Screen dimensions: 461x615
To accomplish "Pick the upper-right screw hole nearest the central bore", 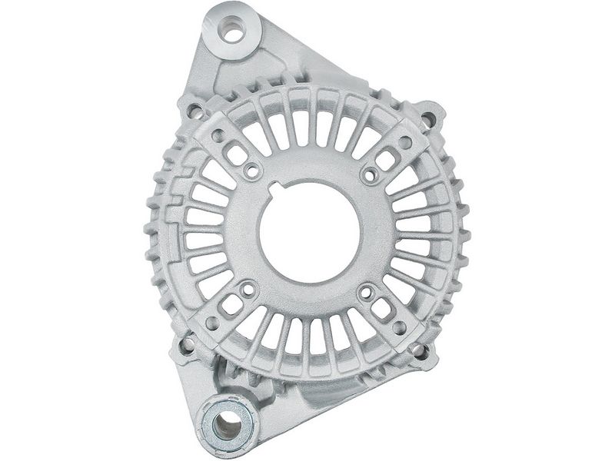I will click(x=370, y=174).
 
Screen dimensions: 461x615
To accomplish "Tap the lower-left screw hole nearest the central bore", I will click(x=246, y=288).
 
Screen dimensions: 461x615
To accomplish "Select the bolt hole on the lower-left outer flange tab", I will click(x=186, y=348).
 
